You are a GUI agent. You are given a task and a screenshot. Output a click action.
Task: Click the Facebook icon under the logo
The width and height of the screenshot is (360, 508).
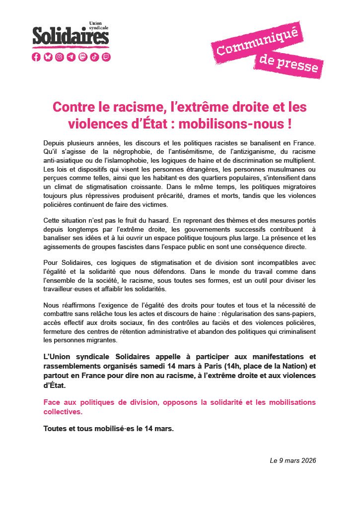click(36, 57)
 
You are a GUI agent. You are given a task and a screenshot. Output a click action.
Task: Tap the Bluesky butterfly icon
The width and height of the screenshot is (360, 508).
click(48, 57)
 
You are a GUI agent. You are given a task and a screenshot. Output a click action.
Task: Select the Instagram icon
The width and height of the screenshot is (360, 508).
click(60, 57)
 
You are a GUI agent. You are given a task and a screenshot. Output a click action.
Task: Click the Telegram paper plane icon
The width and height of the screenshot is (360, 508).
click(71, 57)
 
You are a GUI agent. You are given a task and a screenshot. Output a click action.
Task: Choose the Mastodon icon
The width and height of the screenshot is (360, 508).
click(83, 57)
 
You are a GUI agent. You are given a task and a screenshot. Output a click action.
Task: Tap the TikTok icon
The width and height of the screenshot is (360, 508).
click(94, 57)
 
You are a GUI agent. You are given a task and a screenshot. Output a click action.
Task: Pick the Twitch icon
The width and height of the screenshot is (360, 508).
click(106, 57)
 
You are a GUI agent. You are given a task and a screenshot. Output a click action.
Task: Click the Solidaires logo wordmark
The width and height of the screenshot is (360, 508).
click(71, 36)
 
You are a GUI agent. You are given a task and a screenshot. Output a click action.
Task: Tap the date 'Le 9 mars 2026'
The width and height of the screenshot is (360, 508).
click(292, 461)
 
